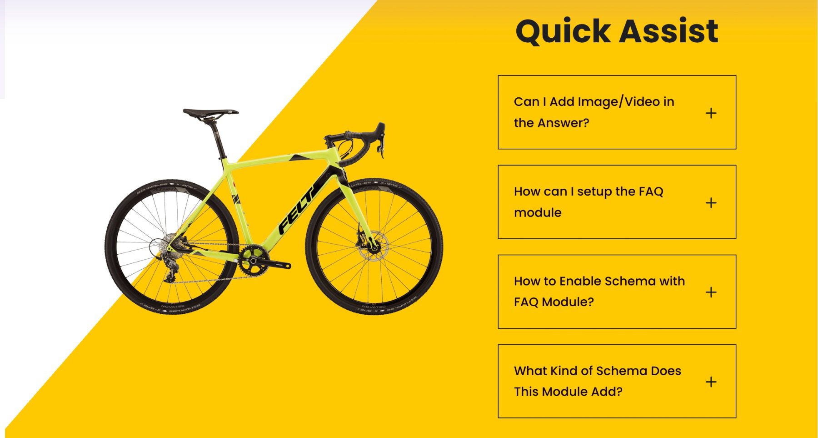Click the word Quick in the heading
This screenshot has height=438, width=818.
[563, 31]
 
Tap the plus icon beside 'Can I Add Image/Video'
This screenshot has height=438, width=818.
[711, 113]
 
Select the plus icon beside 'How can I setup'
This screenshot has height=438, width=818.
[711, 202]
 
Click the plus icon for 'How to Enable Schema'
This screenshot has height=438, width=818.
[711, 292]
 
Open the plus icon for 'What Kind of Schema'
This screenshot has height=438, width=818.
[711, 382]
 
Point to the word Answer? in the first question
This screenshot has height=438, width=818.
[563, 123]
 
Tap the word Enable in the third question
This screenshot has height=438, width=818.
[580, 281]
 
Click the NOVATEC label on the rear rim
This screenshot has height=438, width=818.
[173, 306]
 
